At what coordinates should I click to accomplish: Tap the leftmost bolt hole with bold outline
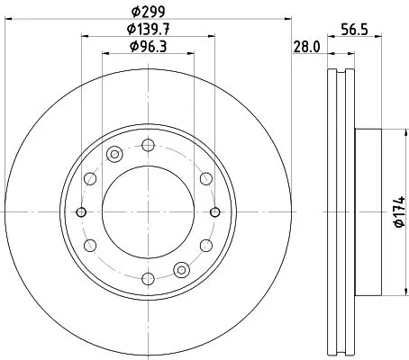click(x=81, y=211)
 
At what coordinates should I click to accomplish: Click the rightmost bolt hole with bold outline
click(x=216, y=211)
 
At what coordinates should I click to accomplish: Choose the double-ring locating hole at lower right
click(x=183, y=268)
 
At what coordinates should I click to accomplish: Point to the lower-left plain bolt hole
click(x=90, y=245)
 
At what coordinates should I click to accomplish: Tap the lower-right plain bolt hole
click(x=207, y=245)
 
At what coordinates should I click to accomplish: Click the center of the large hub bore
click(x=149, y=211)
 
